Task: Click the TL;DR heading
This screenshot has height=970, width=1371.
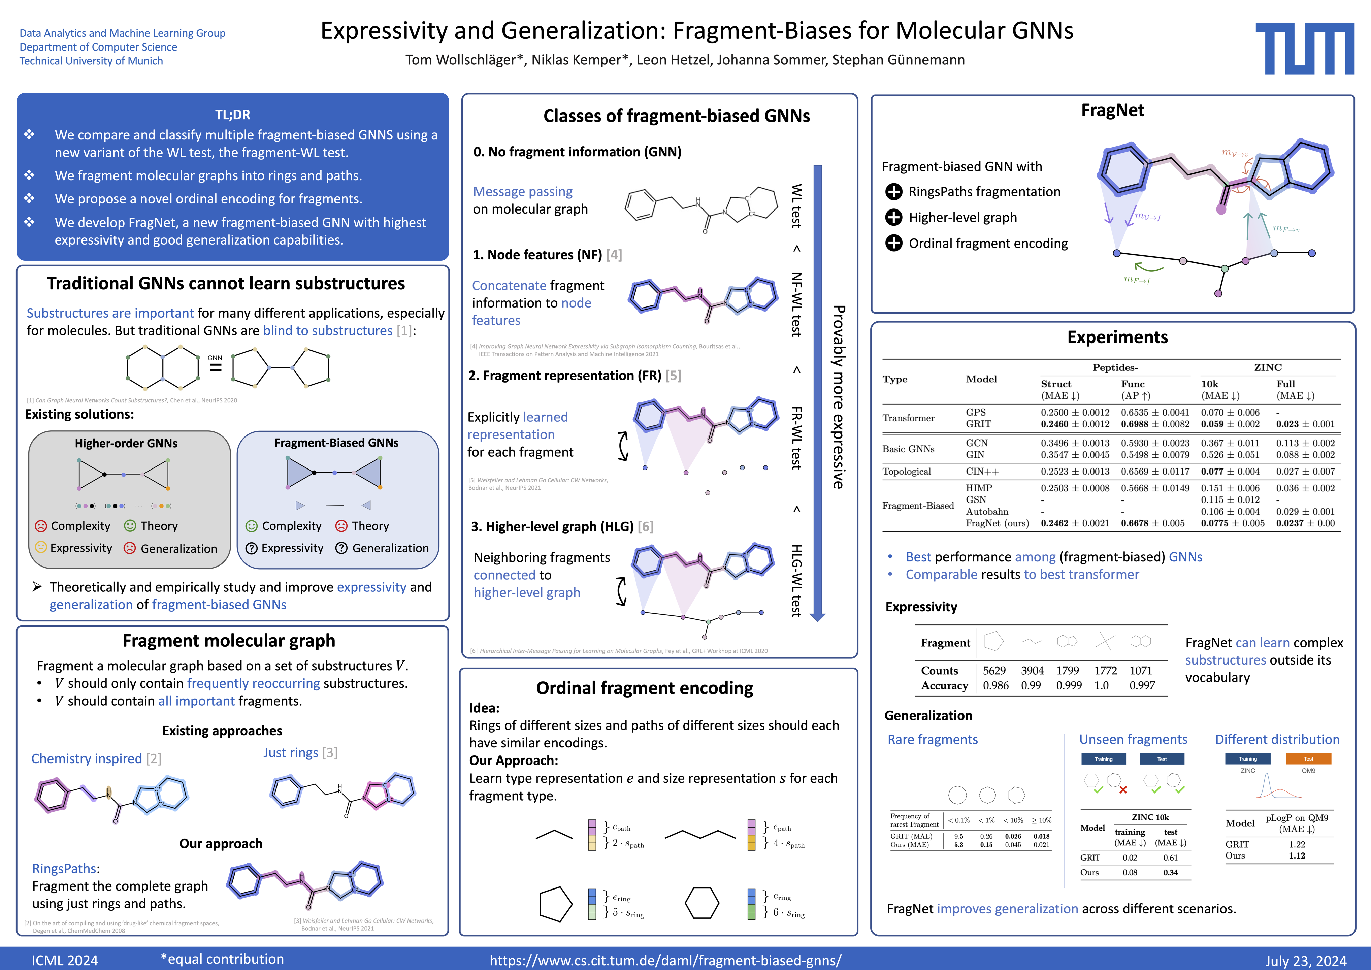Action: coord(232,115)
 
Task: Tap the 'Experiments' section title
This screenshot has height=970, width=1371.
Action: coord(1117,337)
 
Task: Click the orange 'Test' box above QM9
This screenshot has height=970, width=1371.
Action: coord(1308,758)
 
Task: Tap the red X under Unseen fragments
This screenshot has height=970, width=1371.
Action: coord(1123,789)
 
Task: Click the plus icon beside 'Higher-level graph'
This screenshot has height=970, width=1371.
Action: coord(894,218)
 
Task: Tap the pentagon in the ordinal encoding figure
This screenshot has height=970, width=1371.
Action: coord(556,904)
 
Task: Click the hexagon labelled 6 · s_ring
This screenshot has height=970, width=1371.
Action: coord(701,903)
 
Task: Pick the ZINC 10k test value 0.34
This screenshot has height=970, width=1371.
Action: coord(1170,873)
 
